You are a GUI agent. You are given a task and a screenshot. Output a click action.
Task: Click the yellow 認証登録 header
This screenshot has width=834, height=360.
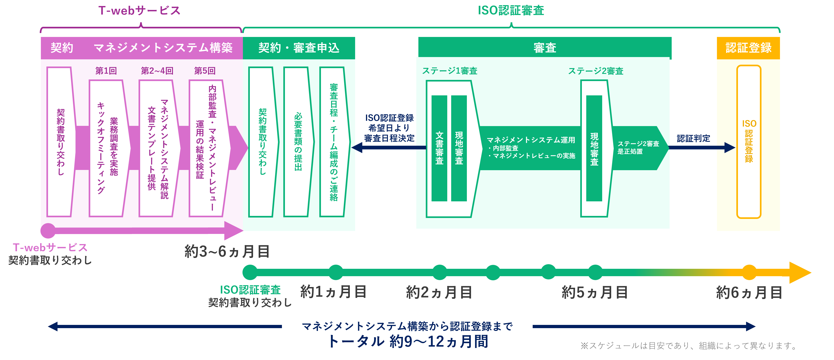[x=748, y=48]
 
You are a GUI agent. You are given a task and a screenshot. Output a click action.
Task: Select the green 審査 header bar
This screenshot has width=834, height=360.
[x=544, y=48]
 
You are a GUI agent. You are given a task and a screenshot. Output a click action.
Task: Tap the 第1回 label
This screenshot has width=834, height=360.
[x=106, y=71]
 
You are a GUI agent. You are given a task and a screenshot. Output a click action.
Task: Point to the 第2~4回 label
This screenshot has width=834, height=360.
[x=157, y=71]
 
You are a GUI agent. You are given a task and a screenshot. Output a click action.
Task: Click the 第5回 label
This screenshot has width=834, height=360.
[x=205, y=71]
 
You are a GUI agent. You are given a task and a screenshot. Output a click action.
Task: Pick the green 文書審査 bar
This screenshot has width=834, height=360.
[x=439, y=148]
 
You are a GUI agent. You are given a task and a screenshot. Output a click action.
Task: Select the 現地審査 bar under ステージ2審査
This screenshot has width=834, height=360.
[x=594, y=148]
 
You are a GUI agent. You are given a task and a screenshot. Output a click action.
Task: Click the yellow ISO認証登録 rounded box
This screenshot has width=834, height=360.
[x=749, y=142]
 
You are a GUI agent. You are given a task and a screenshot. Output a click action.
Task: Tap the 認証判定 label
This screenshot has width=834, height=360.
[x=693, y=139]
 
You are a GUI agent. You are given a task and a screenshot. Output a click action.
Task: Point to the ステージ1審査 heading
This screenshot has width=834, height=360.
[x=450, y=71]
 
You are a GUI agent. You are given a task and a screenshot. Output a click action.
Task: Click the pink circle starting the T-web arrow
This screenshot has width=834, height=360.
[x=48, y=230]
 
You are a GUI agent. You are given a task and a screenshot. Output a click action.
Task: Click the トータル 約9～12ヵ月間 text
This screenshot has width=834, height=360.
[x=407, y=342]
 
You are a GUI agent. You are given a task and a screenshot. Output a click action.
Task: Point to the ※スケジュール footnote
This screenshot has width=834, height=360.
[x=689, y=346]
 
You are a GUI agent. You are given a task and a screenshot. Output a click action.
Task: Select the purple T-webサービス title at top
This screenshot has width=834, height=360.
[x=139, y=10]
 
